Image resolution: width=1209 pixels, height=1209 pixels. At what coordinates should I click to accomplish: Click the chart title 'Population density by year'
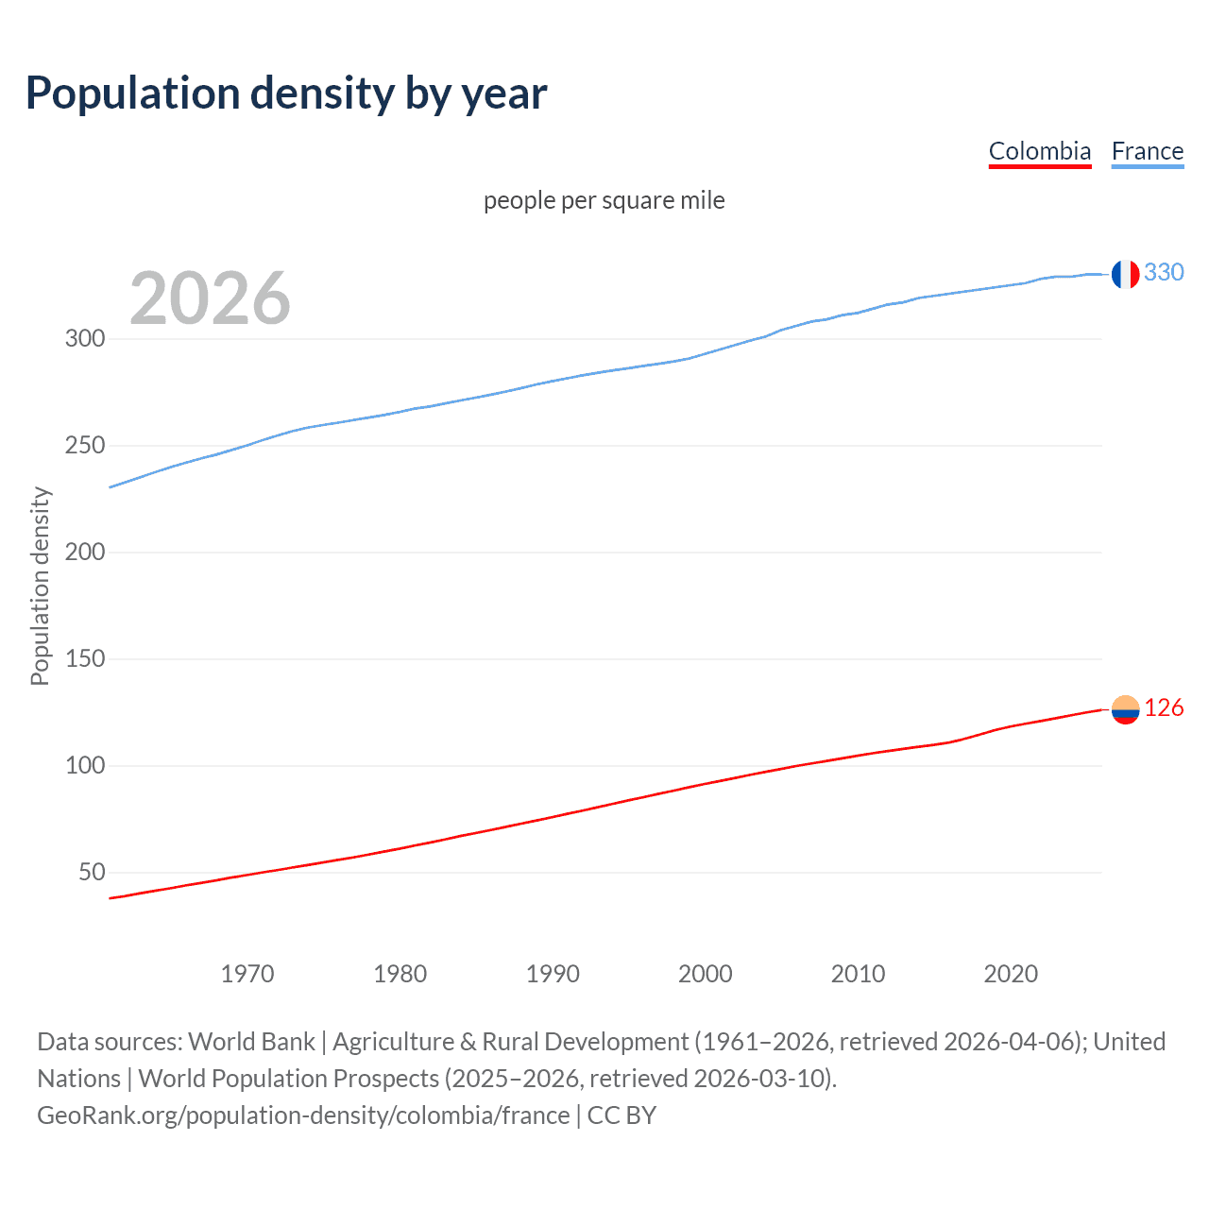click(286, 93)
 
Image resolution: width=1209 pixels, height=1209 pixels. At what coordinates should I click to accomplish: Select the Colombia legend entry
click(1039, 151)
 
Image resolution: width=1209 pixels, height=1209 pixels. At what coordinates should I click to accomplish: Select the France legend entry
click(1147, 151)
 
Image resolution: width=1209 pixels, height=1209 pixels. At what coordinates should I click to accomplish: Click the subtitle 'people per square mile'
click(604, 200)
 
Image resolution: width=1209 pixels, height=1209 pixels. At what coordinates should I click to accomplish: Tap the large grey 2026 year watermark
click(210, 298)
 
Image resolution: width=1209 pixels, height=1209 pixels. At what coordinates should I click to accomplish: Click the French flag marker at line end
click(1125, 274)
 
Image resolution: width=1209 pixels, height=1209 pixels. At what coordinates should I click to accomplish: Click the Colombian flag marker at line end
click(1125, 709)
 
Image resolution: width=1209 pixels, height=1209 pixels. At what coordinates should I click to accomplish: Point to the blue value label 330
click(1164, 272)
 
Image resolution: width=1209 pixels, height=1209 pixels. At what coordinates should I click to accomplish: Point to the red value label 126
click(1164, 707)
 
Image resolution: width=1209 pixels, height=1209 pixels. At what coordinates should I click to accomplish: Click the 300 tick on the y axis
click(85, 338)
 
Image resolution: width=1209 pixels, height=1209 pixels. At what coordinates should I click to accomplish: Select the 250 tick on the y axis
click(85, 445)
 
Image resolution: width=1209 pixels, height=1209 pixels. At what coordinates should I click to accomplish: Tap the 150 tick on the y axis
click(85, 658)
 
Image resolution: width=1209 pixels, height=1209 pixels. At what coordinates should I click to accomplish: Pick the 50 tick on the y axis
click(92, 872)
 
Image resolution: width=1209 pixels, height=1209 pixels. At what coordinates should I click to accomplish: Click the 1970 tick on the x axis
click(247, 974)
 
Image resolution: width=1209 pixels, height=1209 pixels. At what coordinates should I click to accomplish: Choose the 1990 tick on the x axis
click(553, 974)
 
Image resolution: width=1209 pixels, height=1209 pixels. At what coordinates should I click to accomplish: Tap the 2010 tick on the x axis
click(858, 974)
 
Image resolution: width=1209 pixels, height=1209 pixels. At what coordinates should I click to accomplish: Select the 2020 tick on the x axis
click(1011, 974)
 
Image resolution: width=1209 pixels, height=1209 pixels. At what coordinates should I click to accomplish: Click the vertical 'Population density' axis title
click(40, 586)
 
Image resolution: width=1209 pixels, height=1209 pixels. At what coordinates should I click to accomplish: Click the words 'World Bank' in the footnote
click(251, 1042)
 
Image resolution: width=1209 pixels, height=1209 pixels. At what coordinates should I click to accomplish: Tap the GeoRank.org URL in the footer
click(303, 1115)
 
